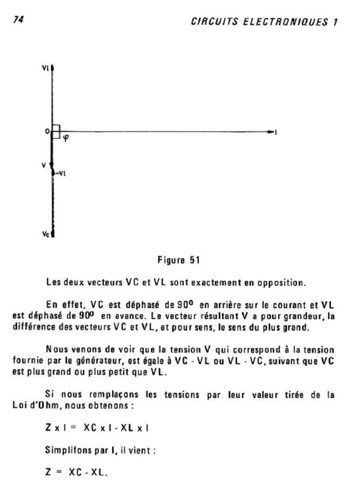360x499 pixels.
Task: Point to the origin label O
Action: (47, 131)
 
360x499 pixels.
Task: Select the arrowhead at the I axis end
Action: (271, 132)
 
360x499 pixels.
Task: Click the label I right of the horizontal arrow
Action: (276, 132)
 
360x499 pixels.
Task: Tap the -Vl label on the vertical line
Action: (60, 172)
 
